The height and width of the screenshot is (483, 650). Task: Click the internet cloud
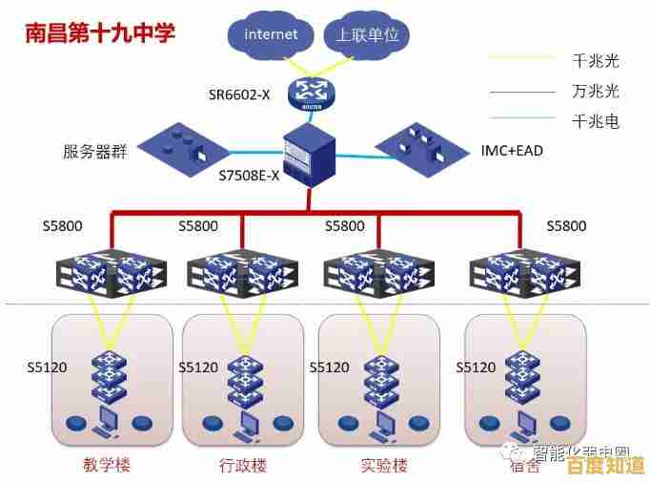click(271, 35)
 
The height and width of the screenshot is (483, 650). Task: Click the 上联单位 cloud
click(367, 35)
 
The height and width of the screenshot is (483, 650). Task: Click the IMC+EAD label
click(513, 151)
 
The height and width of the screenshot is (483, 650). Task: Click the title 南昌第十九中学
click(100, 34)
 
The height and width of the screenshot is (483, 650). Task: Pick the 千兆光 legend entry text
click(596, 61)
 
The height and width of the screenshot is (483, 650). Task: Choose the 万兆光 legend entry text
click(596, 92)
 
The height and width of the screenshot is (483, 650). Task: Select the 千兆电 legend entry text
click(596, 121)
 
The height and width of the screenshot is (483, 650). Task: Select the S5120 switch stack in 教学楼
click(109, 375)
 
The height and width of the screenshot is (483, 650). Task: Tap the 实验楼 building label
click(384, 466)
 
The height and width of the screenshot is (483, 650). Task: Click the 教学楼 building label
click(105, 466)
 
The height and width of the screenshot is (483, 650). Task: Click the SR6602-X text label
click(240, 94)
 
